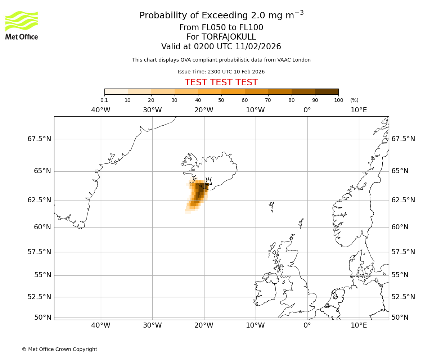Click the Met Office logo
click(x=22, y=25)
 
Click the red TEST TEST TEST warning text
click(x=221, y=82)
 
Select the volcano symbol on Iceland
click(x=208, y=181)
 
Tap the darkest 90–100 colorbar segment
click(x=327, y=91)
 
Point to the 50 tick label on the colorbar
click(x=221, y=100)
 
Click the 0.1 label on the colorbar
click(x=104, y=100)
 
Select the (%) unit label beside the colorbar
click(x=354, y=100)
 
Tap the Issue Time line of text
click(x=221, y=72)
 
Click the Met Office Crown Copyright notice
click(x=59, y=349)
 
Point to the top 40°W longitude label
click(x=101, y=110)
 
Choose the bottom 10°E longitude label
click(x=359, y=325)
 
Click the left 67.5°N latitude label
click(x=39, y=139)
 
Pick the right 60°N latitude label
click(x=400, y=227)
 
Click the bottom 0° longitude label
click(x=307, y=325)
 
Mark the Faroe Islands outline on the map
click(x=272, y=206)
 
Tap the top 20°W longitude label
click(x=204, y=110)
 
